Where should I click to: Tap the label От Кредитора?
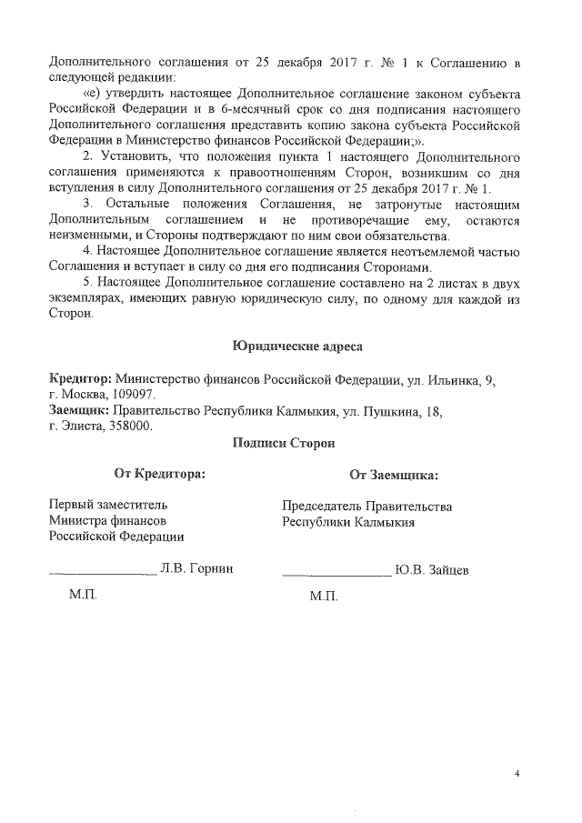point(158,473)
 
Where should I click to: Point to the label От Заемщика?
point(393,474)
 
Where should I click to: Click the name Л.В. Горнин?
point(197,568)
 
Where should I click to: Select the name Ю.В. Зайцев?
point(432,569)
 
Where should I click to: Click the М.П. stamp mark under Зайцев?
point(323,597)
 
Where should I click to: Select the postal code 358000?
point(131,426)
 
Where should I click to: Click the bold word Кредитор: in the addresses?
point(80,377)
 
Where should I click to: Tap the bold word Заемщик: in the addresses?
point(78,410)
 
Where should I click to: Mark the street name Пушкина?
point(393,410)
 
